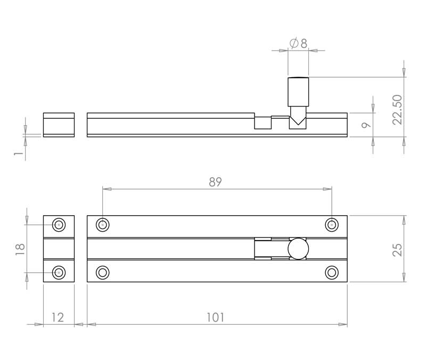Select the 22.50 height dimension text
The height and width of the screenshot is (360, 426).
tap(397, 110)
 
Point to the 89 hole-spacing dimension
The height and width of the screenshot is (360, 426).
tap(215, 182)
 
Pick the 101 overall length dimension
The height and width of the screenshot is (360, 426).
tap(215, 317)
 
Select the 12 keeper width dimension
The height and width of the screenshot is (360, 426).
tap(58, 317)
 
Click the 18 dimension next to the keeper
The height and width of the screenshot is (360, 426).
tap(20, 249)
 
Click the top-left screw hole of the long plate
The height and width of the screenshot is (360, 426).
tap(102, 225)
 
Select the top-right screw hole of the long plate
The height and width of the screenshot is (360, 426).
tap(332, 225)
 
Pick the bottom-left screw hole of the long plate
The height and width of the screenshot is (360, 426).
tap(102, 273)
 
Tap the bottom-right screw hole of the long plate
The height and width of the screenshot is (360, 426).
tap(332, 273)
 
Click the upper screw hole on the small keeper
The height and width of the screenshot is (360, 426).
tap(59, 225)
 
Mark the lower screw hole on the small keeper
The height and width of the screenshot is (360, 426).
tap(59, 273)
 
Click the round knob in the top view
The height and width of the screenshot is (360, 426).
tap(298, 249)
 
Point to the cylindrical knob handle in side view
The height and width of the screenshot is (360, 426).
tap(298, 92)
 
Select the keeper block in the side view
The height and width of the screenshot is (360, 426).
tap(59, 125)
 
